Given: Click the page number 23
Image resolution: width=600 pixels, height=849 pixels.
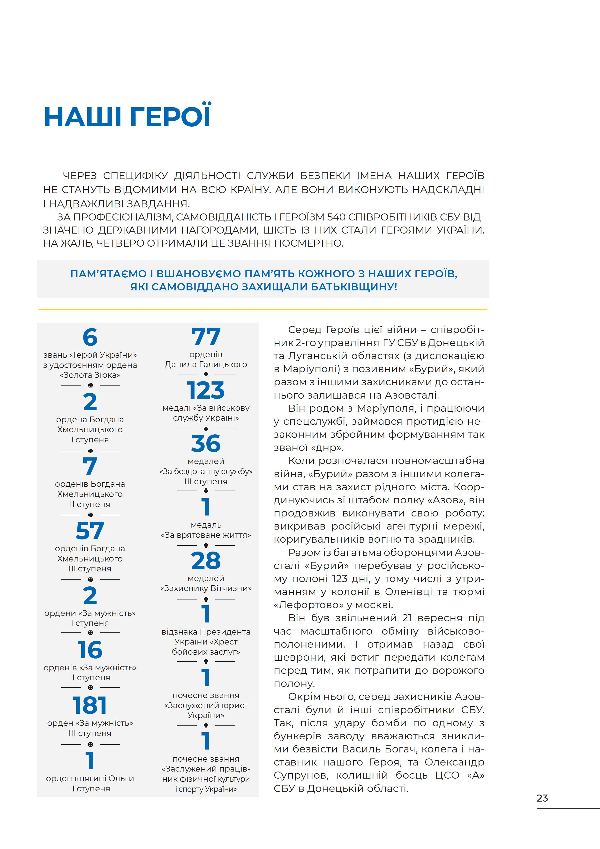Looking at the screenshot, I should coord(542,798).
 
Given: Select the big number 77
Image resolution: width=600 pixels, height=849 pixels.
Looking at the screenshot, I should coord(206,337).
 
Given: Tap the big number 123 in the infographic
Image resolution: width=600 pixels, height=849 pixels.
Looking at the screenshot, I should coord(206,390).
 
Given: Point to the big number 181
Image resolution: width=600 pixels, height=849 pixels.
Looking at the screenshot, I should coord(90,705).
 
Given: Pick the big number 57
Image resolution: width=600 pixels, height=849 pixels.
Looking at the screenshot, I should coord(90,531).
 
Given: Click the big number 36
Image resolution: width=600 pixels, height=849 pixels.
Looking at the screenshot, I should coord(206,444).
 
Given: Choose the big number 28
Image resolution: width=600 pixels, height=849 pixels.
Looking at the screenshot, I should coord(206,561).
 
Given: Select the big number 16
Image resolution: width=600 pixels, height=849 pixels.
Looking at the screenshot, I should coord(90,650).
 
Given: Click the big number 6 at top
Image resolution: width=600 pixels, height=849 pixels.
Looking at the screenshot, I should coord(90,337).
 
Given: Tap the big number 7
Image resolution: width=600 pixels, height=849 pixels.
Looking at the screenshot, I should coord(90,466).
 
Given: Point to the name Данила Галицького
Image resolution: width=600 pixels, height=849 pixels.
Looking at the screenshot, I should coord(206,364).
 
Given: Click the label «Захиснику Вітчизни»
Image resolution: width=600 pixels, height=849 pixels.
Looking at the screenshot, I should coord(206,588).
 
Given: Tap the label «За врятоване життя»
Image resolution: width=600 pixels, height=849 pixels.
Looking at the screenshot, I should coord(206,535).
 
